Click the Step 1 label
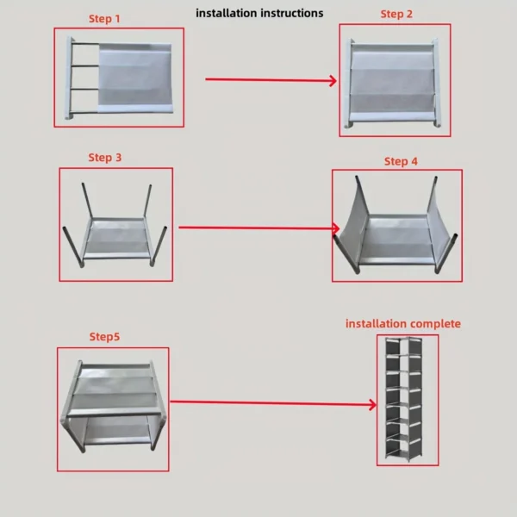(x=105, y=18)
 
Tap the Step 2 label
(x=396, y=15)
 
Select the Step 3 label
(x=105, y=158)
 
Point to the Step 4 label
(x=401, y=161)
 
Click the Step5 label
(x=104, y=336)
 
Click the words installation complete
(x=403, y=324)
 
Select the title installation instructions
(x=259, y=13)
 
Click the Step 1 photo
(x=119, y=78)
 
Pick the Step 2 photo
(x=396, y=79)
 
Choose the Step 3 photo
(x=115, y=224)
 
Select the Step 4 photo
(x=396, y=225)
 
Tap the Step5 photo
(x=113, y=408)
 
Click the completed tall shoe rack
(x=407, y=399)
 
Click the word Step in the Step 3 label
(x=99, y=158)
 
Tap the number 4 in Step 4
(x=415, y=161)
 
